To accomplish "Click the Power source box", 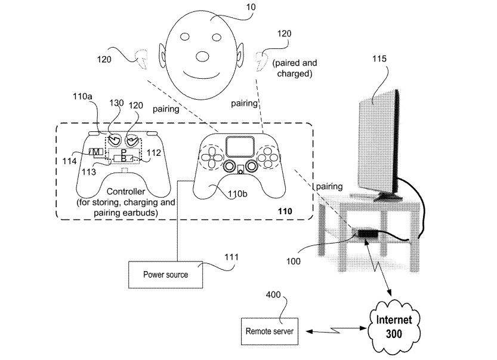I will click(165, 275).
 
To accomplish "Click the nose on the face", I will click(203, 57).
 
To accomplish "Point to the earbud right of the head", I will click(261, 60).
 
